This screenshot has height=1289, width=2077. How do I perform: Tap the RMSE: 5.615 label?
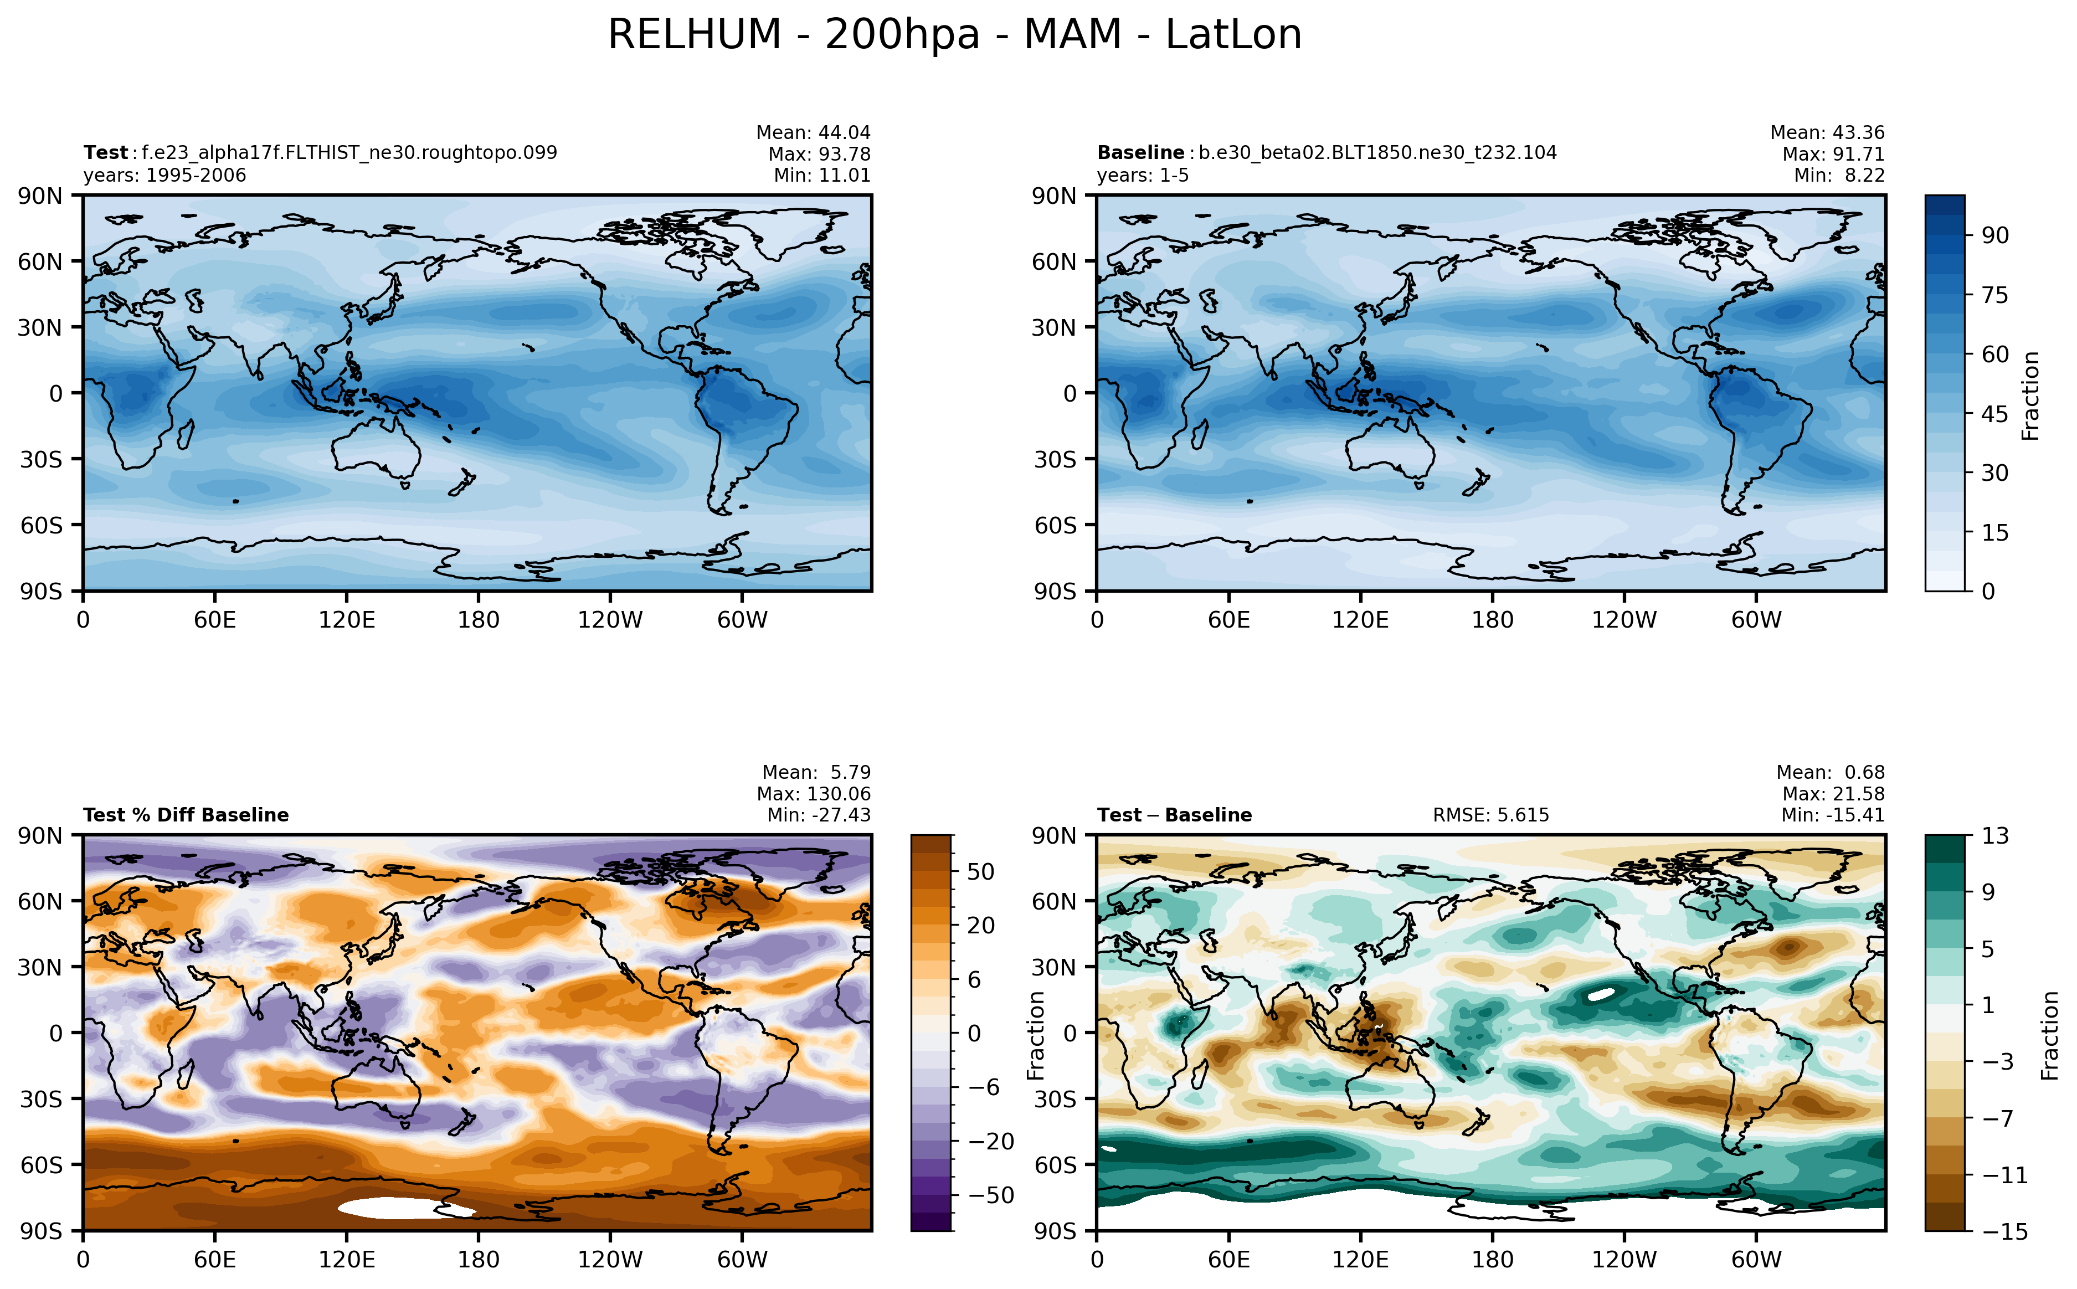pos(1490,815)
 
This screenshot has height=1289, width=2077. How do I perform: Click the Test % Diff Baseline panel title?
pos(186,815)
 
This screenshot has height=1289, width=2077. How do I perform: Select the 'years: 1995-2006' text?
pos(164,176)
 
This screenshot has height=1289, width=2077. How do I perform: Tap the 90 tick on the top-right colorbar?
pos(1994,235)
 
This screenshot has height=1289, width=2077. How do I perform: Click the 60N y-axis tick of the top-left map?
pos(40,261)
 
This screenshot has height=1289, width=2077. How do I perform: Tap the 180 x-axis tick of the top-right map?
pos(1492,620)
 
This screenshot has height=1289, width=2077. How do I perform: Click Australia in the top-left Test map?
pos(375,448)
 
